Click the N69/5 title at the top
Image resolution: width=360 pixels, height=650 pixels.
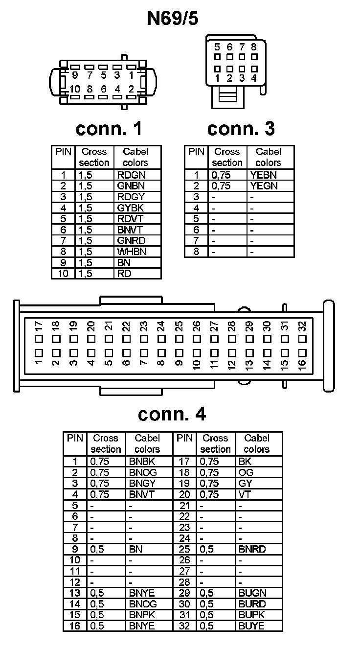click(173, 18)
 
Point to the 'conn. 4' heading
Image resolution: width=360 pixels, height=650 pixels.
click(172, 414)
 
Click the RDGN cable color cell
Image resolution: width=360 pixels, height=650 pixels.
click(132, 175)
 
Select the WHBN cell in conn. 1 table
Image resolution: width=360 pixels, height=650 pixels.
click(132, 252)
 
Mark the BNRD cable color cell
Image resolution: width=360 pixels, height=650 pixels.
click(252, 549)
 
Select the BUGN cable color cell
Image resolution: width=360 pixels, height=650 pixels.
click(252, 593)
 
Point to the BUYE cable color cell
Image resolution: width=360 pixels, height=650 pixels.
click(251, 626)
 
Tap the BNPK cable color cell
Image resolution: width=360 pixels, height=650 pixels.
click(142, 615)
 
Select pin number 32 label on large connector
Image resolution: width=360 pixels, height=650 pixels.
click(301, 325)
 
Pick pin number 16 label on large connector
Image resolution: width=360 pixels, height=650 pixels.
click(301, 364)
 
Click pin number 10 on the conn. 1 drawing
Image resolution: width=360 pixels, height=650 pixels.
click(75, 89)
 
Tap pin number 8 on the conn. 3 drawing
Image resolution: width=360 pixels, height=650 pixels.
click(254, 47)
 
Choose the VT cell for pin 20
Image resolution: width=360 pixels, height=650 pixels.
click(245, 494)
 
